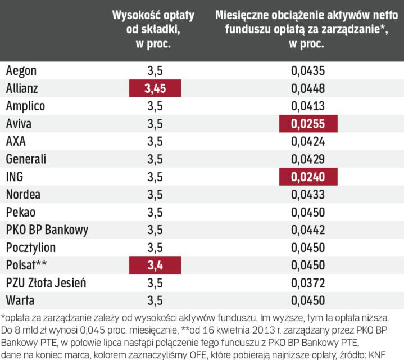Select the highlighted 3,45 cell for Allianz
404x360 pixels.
[x=156, y=88]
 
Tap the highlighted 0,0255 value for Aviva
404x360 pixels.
[x=308, y=124]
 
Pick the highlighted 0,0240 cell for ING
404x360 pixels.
[x=308, y=177]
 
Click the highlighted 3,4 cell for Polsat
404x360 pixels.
[x=156, y=266]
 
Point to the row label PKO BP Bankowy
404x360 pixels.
[x=48, y=231]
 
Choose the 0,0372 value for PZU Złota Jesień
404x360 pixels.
[x=308, y=283]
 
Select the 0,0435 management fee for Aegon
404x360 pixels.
[x=308, y=71]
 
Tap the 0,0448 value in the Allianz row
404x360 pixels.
[x=308, y=88]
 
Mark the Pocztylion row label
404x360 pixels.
[x=31, y=248]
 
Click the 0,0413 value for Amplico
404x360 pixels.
[x=308, y=106]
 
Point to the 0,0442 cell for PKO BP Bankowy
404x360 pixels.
[x=308, y=231]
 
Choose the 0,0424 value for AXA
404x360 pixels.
[x=308, y=142]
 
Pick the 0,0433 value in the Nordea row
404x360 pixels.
[x=308, y=195]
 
